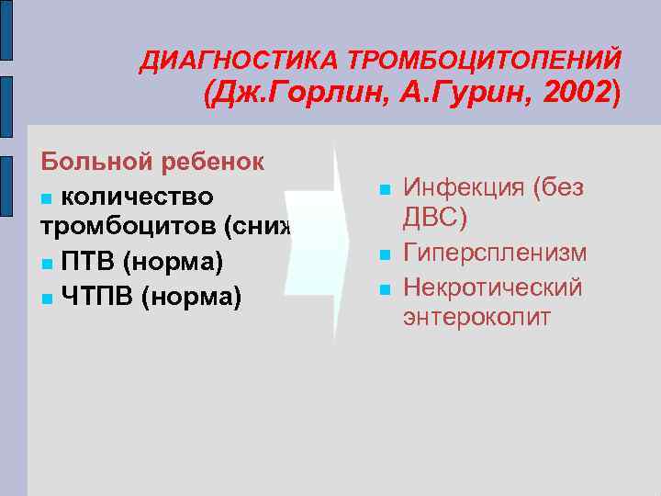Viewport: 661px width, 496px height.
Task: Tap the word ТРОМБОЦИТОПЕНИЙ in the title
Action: click(x=484, y=61)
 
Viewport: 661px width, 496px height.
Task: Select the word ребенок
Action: click(x=214, y=163)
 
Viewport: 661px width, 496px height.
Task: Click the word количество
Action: click(x=138, y=197)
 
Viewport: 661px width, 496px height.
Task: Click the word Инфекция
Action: click(x=465, y=186)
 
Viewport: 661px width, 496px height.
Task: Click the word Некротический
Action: click(x=493, y=287)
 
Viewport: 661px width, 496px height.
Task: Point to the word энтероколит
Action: click(x=476, y=318)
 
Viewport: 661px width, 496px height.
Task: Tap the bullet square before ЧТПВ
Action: click(x=47, y=298)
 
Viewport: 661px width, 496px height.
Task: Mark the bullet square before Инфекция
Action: click(x=385, y=189)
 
